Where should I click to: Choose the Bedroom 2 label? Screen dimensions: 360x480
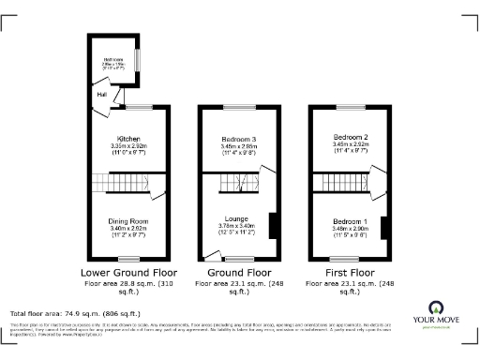click(350, 137)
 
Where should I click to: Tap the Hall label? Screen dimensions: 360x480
click(100, 94)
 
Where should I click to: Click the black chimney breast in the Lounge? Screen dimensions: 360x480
click(273, 227)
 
